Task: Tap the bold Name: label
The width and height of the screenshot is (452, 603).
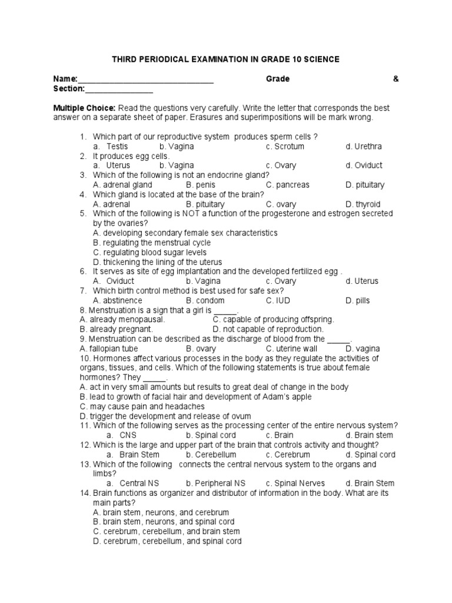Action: tap(65, 79)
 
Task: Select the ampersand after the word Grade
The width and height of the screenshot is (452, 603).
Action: tap(395, 79)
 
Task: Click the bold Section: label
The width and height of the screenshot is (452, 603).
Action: tap(69, 89)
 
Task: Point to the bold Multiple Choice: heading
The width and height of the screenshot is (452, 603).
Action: tap(85, 108)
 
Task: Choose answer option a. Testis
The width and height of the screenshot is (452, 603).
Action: tap(111, 146)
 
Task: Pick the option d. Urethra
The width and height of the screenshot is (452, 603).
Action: tap(364, 146)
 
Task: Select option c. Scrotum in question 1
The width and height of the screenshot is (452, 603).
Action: tap(285, 146)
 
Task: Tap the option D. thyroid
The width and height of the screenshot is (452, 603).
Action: tap(363, 204)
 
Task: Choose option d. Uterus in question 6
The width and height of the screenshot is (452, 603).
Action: tap(362, 281)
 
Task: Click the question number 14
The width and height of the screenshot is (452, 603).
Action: tap(84, 493)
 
